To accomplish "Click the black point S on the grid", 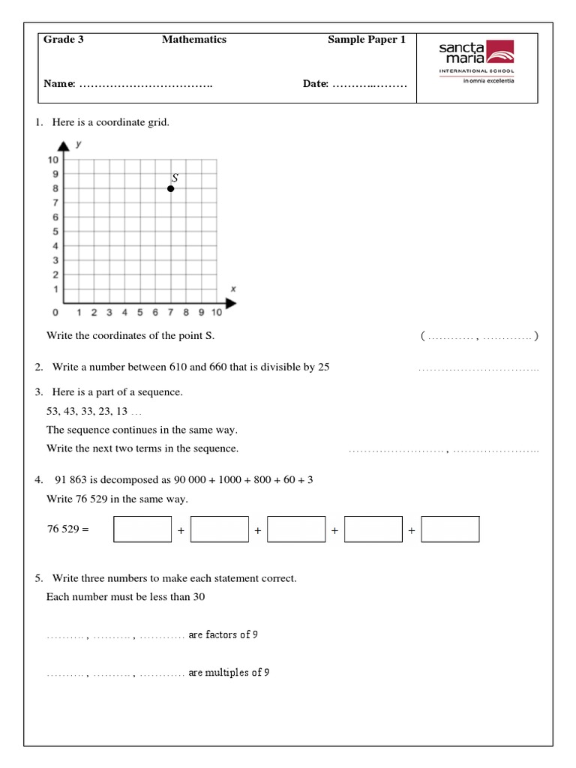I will click(171, 188).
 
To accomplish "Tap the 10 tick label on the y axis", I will click(53, 160).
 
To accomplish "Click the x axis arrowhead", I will click(231, 303).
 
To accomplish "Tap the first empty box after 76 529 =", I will click(142, 529).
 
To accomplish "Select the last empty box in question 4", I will click(450, 529).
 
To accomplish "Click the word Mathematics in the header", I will click(193, 40).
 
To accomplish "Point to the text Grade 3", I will click(64, 40).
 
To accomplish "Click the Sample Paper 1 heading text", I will click(367, 40).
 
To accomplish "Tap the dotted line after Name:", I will click(145, 84).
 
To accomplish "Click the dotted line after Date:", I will click(370, 84).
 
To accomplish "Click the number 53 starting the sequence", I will click(52, 412).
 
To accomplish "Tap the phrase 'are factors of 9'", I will click(223, 634).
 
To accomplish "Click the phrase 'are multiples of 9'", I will click(229, 672).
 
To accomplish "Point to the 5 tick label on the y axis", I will click(55, 232).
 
